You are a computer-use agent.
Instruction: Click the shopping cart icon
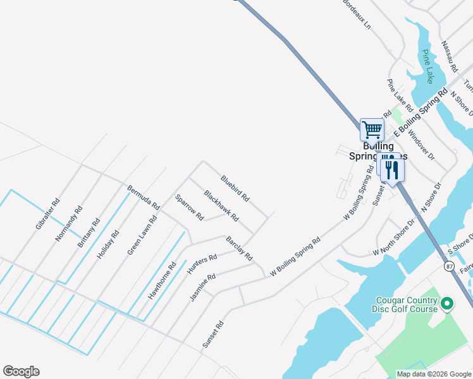[x=372, y=129]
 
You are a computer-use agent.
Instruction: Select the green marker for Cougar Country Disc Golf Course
[x=448, y=304]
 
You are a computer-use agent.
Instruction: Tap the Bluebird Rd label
[x=235, y=189]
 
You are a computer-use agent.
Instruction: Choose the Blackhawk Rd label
[x=221, y=206]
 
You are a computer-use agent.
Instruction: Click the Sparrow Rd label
[x=190, y=207]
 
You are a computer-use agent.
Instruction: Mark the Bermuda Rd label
[x=143, y=198]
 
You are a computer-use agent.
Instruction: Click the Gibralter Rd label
[x=47, y=214]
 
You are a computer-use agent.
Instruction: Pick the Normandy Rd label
[x=69, y=222]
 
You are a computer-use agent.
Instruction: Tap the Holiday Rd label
[x=108, y=245]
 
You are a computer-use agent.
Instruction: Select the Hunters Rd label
[x=202, y=264]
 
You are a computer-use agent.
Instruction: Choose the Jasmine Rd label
[x=203, y=286]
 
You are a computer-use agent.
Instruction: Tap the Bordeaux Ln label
[x=357, y=15]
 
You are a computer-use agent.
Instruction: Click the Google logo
[x=21, y=371]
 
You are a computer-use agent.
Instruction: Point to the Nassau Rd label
[x=449, y=56]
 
